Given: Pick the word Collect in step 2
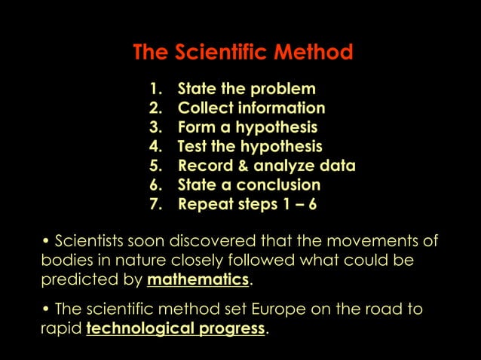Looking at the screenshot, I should [x=204, y=108].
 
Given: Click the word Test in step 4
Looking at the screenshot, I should [x=193, y=146].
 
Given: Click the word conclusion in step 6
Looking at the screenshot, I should [x=278, y=185].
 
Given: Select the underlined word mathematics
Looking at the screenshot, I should [x=198, y=280].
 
